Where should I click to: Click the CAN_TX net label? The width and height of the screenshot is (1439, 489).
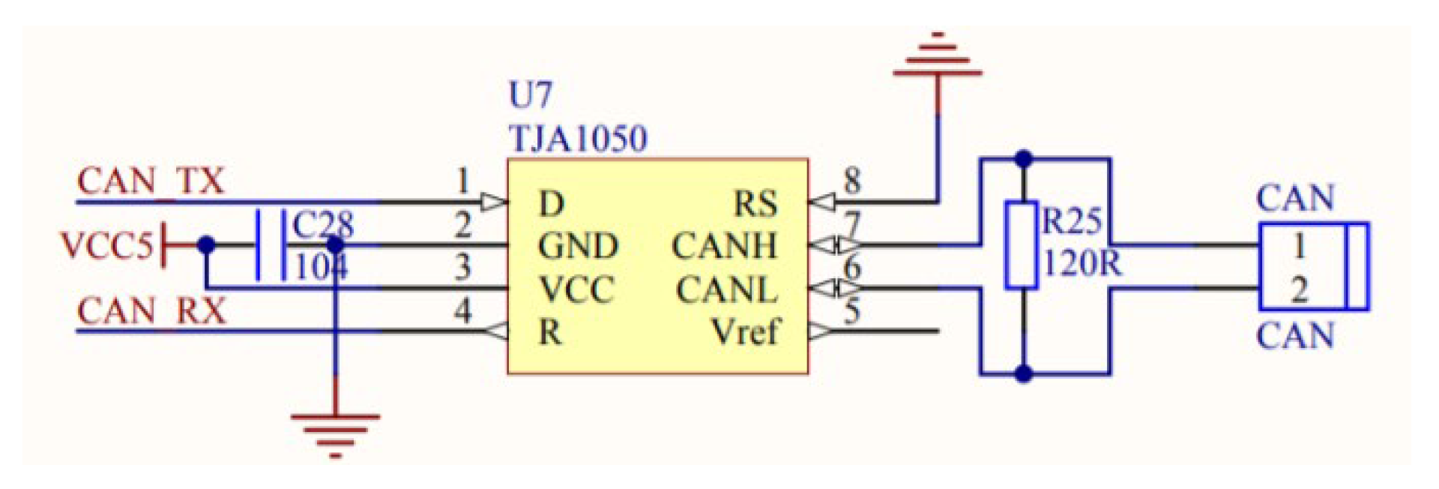tap(151, 181)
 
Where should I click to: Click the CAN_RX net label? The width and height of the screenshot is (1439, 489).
tap(151, 310)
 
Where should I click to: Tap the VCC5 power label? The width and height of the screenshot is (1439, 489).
tap(106, 245)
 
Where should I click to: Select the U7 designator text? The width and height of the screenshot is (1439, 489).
tap(530, 95)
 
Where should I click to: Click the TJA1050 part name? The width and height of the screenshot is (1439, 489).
tap(577, 139)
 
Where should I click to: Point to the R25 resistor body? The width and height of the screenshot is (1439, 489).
tap(1021, 244)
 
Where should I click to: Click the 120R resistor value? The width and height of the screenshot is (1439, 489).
tap(1081, 263)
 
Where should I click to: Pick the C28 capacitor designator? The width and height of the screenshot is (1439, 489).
tap(322, 223)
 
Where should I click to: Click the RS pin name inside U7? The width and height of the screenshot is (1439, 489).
tap(755, 203)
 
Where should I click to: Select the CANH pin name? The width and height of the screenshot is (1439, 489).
tap(724, 246)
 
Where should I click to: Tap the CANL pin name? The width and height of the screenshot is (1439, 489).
tap(726, 289)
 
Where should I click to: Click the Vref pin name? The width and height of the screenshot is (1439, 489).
tap(745, 331)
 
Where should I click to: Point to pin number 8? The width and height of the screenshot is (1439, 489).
tap(852, 181)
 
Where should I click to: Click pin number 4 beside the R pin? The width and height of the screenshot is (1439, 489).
tap(463, 310)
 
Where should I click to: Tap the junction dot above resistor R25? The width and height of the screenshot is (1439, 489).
tap(1023, 158)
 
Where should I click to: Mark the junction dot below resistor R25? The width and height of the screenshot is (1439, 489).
tap(1023, 373)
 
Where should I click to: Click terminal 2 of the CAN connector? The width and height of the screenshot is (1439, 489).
tap(1299, 289)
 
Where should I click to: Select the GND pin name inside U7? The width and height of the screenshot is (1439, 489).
tap(578, 246)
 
